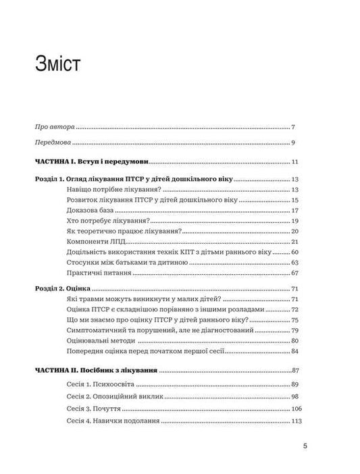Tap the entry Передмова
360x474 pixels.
(53, 142)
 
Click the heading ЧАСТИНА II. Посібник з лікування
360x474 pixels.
(95, 370)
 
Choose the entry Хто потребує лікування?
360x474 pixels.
(108, 221)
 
